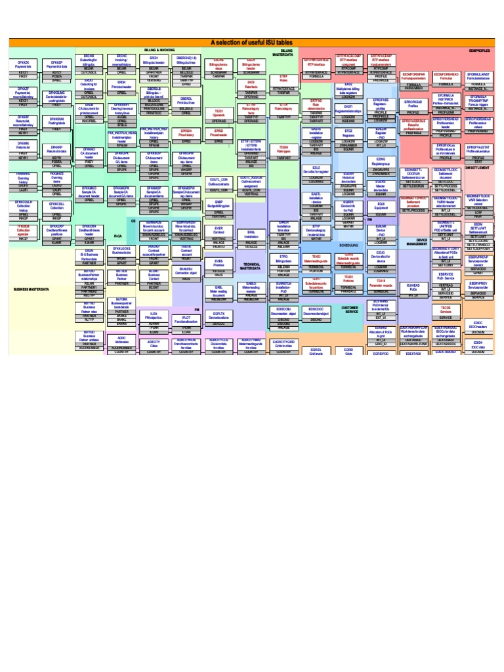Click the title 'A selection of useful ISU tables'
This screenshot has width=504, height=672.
(x=251, y=42)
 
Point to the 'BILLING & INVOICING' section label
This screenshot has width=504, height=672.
(x=159, y=50)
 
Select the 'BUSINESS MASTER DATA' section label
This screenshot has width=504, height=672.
(x=33, y=288)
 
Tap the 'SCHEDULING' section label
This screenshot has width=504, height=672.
(x=348, y=243)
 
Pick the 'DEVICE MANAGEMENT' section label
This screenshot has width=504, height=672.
(x=417, y=242)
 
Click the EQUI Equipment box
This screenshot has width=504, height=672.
(x=381, y=205)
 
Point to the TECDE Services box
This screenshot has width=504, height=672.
(x=446, y=308)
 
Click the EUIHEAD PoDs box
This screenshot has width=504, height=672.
(x=413, y=287)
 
